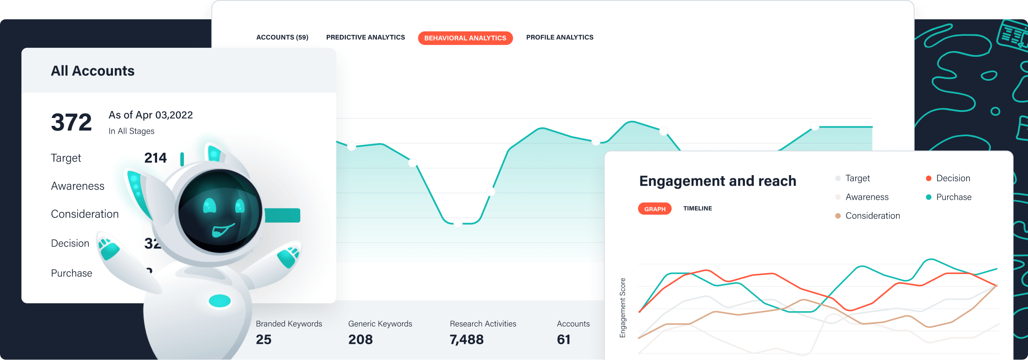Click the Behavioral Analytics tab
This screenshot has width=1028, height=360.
465,38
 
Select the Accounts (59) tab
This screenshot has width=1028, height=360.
282,37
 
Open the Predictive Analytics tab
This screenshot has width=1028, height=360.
365,37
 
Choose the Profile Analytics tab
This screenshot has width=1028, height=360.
560,37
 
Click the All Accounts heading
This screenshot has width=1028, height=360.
92,71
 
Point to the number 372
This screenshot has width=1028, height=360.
71,123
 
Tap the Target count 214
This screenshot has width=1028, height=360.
155,158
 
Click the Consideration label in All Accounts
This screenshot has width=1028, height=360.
85,214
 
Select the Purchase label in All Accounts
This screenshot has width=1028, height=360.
72,273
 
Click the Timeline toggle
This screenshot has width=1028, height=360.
697,209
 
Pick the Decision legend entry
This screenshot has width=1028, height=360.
953,178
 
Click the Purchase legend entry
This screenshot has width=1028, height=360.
953,197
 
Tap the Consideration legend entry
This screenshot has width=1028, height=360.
872,216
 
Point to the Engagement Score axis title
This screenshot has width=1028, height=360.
623,308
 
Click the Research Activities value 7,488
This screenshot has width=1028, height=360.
467,340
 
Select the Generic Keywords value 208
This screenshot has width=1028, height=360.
361,340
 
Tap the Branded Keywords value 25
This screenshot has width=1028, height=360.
264,340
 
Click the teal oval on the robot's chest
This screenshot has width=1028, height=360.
220,301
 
